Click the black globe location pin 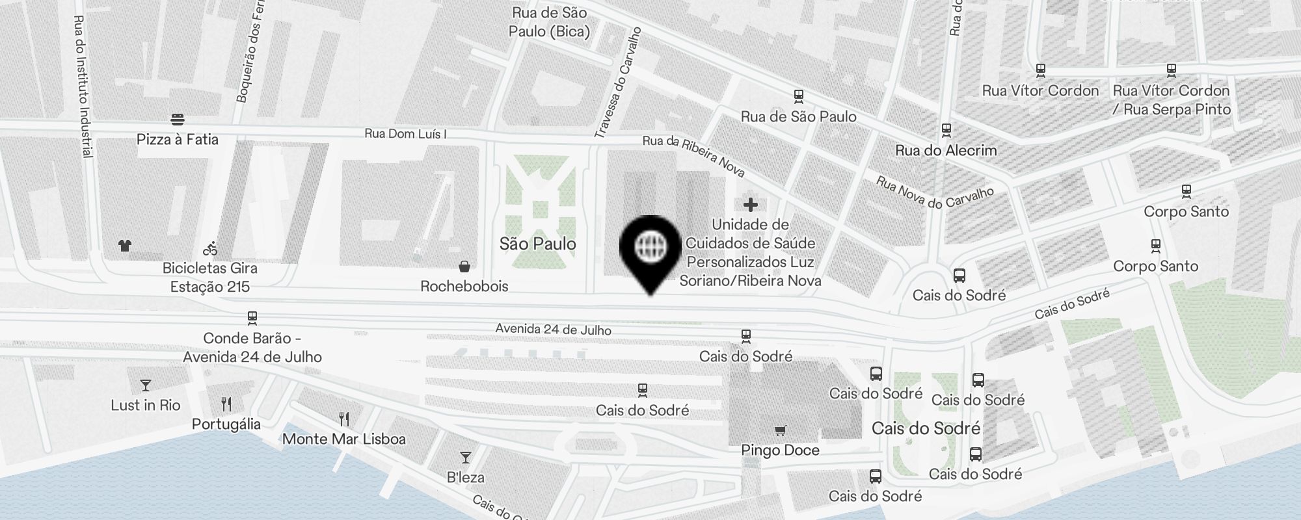pos(650,248)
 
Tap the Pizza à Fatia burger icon pos(178,120)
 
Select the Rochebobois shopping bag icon pos(464,266)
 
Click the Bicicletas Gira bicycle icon pos(210,248)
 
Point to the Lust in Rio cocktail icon pos(145,385)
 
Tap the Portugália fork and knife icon pos(226,404)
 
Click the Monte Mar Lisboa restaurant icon pos(344,419)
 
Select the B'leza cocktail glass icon pos(466,458)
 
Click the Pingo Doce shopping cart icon pos(780,430)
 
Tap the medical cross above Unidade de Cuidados pos(751,205)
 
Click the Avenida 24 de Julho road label pos(553,330)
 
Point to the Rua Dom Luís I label pos(405,134)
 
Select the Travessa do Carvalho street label pos(617,83)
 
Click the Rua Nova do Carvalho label pos(935,192)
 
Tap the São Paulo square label pos(538,244)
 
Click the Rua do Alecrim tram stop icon pos(946,131)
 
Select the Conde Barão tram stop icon pos(252,318)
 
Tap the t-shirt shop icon pos(125,246)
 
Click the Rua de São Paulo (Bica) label pos(550,22)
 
